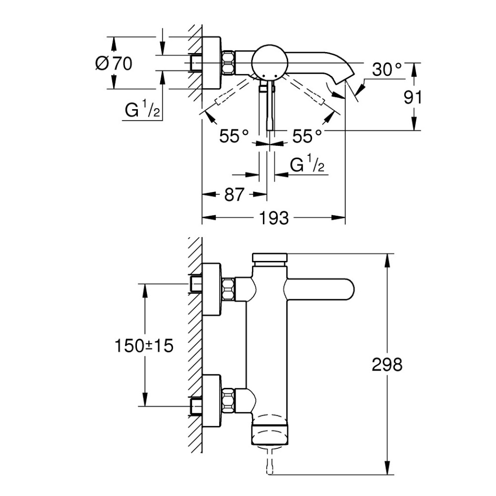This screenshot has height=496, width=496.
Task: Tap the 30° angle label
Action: (386, 70)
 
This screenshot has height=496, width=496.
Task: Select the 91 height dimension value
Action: (412, 97)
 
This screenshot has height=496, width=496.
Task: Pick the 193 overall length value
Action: (273, 218)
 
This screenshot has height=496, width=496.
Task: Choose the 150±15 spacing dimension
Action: (144, 345)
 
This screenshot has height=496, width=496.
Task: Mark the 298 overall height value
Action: (387, 365)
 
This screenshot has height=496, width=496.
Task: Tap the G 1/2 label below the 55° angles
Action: (307, 165)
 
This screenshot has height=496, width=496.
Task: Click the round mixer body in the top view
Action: (269, 62)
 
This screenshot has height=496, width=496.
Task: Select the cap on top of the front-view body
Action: (270, 258)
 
